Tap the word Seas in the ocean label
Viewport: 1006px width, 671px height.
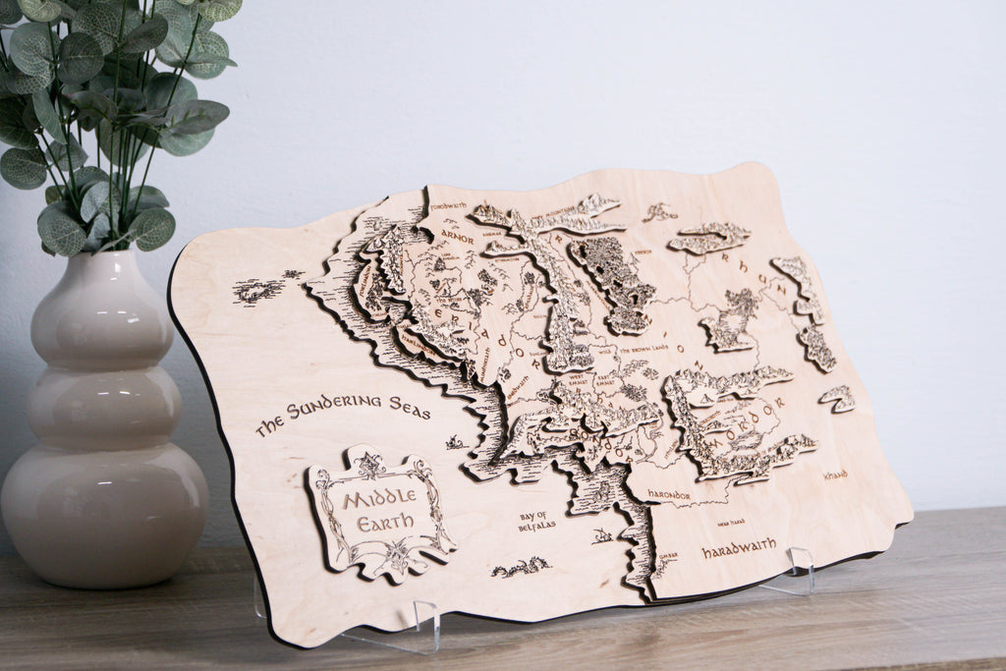point(408,412)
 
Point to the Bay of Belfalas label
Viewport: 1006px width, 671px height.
point(536,521)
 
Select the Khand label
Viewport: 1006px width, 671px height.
point(835,475)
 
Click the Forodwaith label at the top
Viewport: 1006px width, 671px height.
point(448,206)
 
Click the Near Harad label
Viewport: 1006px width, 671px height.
point(731,521)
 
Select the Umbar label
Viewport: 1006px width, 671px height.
point(668,556)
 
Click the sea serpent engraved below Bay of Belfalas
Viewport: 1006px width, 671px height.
point(521,567)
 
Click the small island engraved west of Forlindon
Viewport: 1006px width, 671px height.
point(258,289)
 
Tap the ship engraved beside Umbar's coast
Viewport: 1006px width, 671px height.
point(601,535)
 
